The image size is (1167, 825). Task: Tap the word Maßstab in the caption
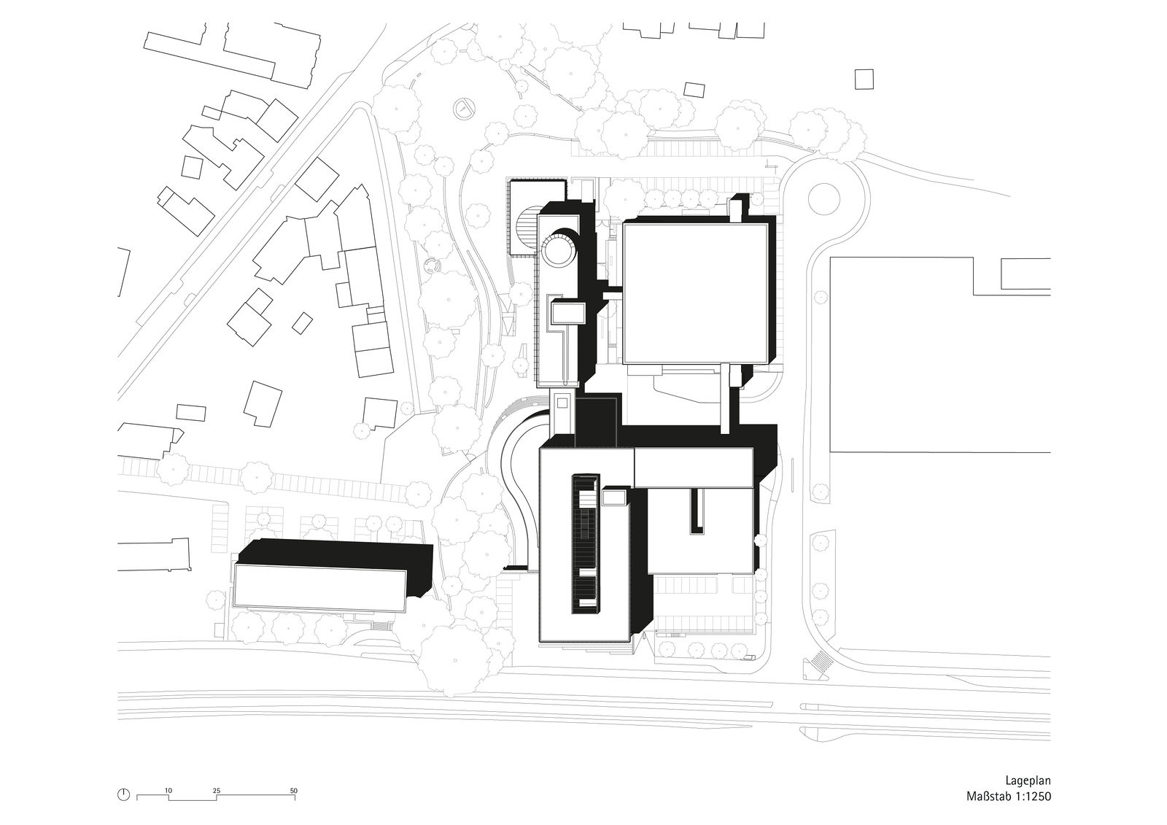pyautogui.click(x=988, y=811)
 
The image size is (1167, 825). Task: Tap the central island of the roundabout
pyautogui.click(x=823, y=198)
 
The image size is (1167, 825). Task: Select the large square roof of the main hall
pyautogui.click(x=695, y=293)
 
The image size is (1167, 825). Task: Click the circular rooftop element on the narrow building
pyautogui.click(x=558, y=249)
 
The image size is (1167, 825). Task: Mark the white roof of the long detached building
pyautogui.click(x=320, y=587)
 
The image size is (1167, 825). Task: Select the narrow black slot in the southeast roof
pyautogui.click(x=697, y=511)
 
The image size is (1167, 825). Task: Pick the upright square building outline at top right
pyautogui.click(x=864, y=80)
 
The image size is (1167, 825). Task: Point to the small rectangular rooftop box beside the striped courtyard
pyautogui.click(x=614, y=497)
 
